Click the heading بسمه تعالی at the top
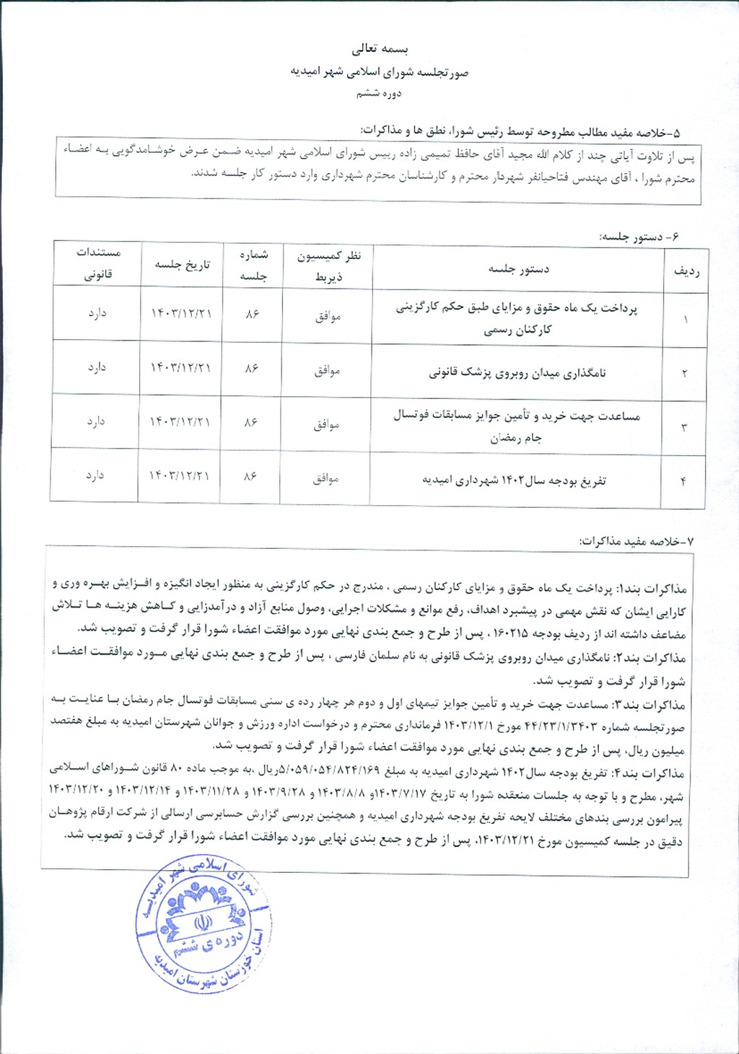pos(380,50)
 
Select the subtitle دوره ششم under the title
pos(379,94)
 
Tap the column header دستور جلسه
pos(519,269)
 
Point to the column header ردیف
pos(686,271)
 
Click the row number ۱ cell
pos(685,319)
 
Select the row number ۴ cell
pos(683,481)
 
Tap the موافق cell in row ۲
pos(327,371)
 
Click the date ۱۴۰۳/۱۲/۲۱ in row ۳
pos(180,422)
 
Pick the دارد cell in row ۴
pos(96,475)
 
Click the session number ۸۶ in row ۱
pos(252,314)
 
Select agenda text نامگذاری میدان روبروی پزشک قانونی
pos(517,373)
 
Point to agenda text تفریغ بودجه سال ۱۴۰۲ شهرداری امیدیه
pos(514,480)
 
